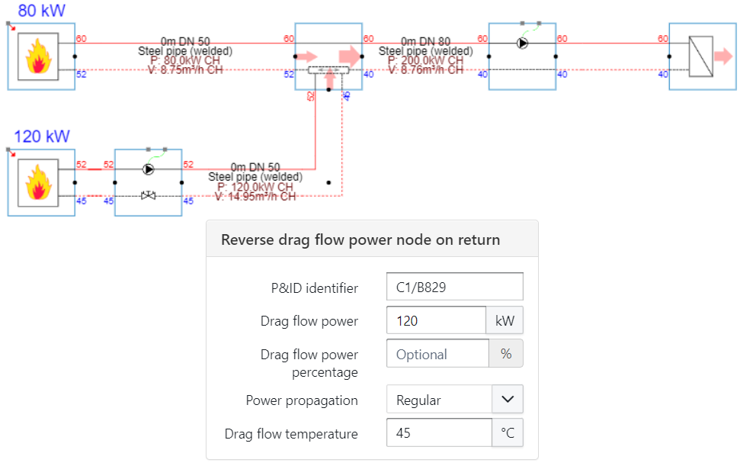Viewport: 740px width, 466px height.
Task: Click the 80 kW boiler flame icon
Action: pyautogui.click(x=38, y=56)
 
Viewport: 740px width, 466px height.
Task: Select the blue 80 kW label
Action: pyautogui.click(x=43, y=11)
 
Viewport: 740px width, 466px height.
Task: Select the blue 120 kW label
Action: pyautogui.click(x=42, y=137)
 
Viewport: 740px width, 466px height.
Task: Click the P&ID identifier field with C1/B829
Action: pyautogui.click(x=454, y=287)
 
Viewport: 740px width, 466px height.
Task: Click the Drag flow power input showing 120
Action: pyautogui.click(x=436, y=320)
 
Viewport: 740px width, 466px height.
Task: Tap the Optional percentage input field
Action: pyautogui.click(x=437, y=354)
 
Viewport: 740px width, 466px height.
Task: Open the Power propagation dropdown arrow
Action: pyautogui.click(x=508, y=399)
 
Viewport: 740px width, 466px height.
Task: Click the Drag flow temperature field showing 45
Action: pyautogui.click(x=439, y=433)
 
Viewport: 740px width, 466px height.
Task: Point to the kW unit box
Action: pyautogui.click(x=505, y=320)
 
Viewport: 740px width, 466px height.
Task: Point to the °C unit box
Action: pyautogui.click(x=508, y=433)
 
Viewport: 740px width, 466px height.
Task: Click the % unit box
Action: pyautogui.click(x=506, y=354)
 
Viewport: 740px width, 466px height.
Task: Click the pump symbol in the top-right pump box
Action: pyautogui.click(x=522, y=43)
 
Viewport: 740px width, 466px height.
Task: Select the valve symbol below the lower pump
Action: pyautogui.click(x=148, y=196)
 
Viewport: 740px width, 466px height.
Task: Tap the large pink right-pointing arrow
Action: pyautogui.click(x=350, y=56)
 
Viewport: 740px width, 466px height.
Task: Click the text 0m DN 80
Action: pyautogui.click(x=425, y=41)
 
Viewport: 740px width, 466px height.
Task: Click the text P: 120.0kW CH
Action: pyautogui.click(x=255, y=186)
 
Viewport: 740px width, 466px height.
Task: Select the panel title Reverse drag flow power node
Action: pyautogui.click(x=360, y=239)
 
